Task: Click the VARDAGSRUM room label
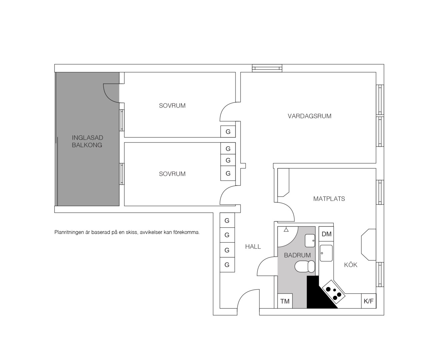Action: coord(309,116)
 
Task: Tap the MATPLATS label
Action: coord(329,199)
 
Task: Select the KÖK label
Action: coord(351,265)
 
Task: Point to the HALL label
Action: coord(253,247)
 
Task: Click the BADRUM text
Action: coord(297,255)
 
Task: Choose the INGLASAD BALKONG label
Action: coord(87,141)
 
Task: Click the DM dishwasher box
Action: coord(326,234)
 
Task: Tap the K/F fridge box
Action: coord(369,301)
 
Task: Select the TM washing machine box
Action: coord(285,301)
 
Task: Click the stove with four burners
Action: coord(334,293)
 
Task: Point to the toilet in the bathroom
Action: coord(305,267)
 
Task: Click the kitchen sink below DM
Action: coord(326,253)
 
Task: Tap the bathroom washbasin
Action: coord(310,241)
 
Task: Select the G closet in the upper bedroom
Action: coord(228,132)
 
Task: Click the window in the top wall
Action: coord(267,68)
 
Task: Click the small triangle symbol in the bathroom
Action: coord(286,230)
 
